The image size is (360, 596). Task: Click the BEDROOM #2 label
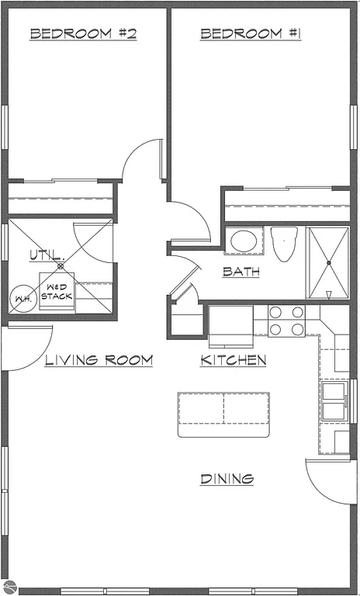[x=83, y=33]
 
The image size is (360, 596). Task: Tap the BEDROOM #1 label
[x=251, y=33]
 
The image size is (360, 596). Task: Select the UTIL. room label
[x=43, y=255]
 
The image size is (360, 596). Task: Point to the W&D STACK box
[x=58, y=292]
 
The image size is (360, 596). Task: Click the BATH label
[x=241, y=272]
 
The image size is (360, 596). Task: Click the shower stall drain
[x=329, y=263]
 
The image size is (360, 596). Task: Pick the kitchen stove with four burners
[x=286, y=321]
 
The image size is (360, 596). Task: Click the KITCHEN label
[x=234, y=360]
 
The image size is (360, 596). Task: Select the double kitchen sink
[x=334, y=400]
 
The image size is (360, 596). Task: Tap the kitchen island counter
[x=223, y=414]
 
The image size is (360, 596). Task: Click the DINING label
[x=227, y=479]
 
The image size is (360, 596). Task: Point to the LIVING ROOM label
[x=98, y=360]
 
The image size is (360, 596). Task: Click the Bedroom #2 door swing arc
[x=142, y=159]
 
